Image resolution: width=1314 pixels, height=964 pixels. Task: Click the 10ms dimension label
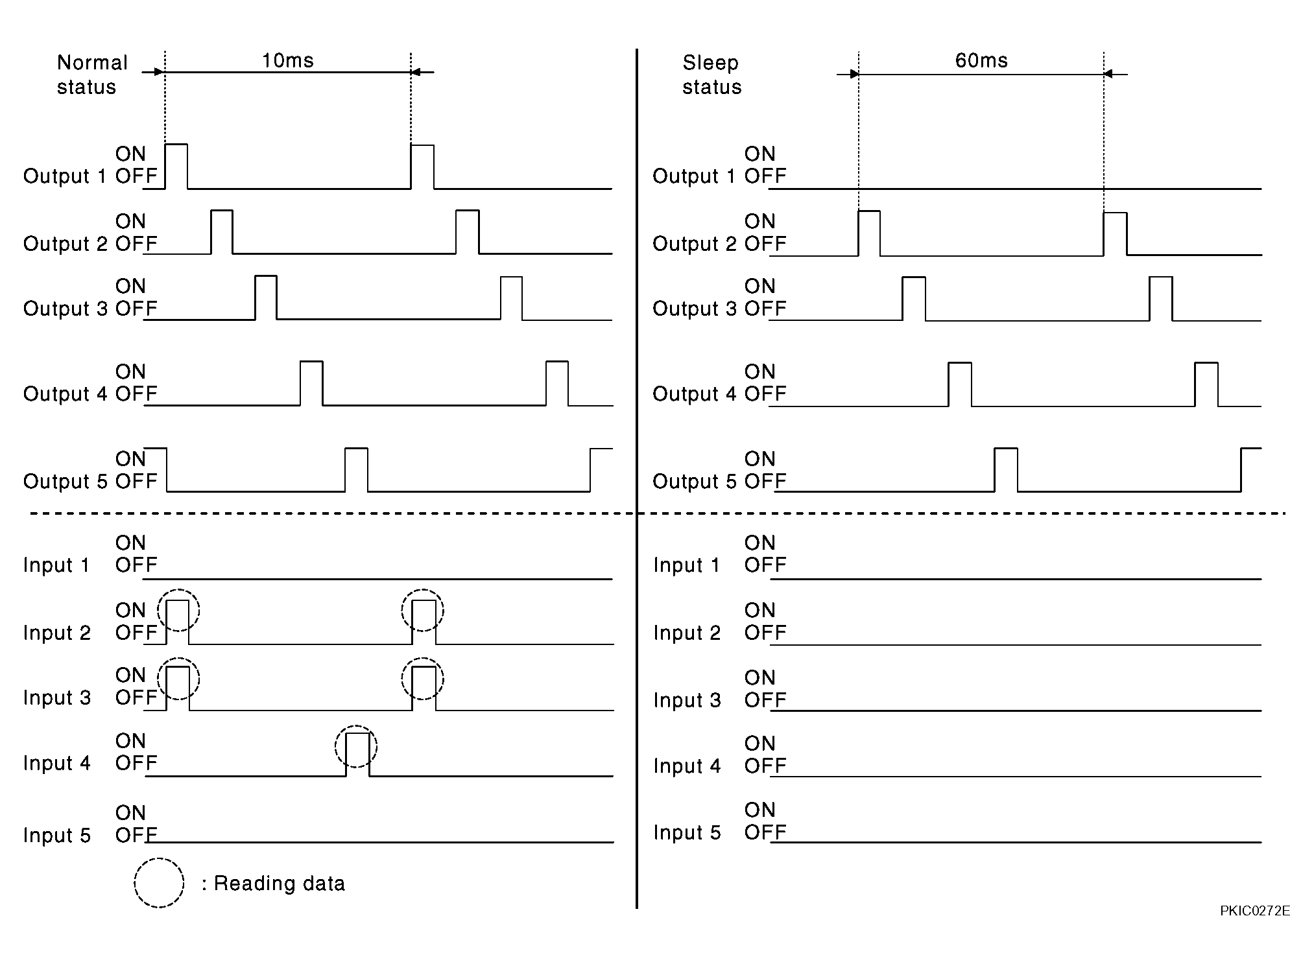click(287, 60)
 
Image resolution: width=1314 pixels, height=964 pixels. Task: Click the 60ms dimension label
click(981, 60)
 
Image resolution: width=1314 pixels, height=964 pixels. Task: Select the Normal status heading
click(92, 75)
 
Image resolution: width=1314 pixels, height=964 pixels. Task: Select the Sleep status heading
click(711, 75)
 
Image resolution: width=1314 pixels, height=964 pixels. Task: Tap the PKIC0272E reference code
click(1255, 911)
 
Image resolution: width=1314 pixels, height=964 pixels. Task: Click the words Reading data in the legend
click(280, 884)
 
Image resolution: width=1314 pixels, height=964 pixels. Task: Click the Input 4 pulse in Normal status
click(357, 733)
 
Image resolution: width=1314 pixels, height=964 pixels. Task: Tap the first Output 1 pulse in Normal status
click(176, 145)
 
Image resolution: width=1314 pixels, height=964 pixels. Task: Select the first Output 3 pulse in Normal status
click(266, 277)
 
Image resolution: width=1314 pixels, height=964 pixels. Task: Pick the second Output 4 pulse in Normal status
click(557, 362)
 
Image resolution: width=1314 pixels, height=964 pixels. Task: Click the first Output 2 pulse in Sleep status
click(869, 212)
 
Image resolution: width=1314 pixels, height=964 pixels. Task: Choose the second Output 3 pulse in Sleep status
click(1161, 278)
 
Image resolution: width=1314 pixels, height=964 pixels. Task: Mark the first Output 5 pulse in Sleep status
click(1006, 449)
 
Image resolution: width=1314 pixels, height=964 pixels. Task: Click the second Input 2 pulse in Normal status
click(424, 602)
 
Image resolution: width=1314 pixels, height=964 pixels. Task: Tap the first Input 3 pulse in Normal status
click(178, 667)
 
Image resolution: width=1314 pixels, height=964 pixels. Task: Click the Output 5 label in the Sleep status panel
click(695, 482)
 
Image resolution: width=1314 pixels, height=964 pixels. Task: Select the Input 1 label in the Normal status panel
click(56, 565)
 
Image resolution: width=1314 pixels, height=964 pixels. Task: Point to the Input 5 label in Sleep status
click(687, 832)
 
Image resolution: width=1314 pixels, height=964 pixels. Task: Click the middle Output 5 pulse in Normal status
click(356, 449)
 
